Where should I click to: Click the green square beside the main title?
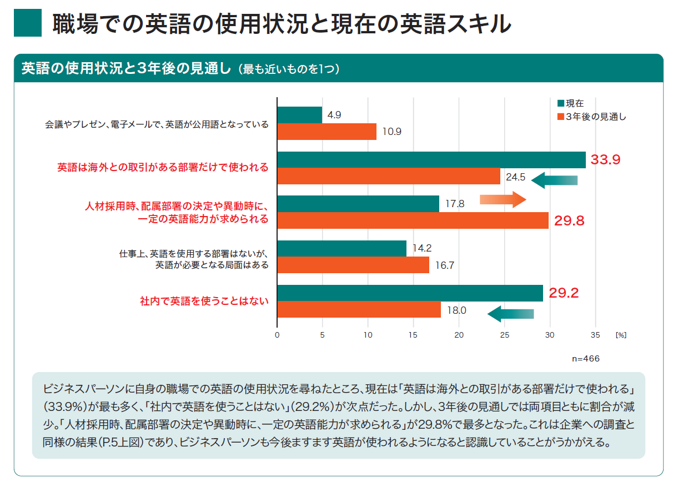27,23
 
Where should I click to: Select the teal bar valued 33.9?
431,160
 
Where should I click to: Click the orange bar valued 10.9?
327,132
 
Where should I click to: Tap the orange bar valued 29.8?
413,220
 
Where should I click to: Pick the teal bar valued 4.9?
299,115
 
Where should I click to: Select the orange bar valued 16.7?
353,265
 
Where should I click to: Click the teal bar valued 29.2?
410,293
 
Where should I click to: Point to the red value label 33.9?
605,160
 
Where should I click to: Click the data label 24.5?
515,177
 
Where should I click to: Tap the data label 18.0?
456,310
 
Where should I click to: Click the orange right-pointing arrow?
503,199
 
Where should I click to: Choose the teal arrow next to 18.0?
510,314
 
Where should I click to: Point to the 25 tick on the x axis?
504,335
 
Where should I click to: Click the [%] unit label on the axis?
621,335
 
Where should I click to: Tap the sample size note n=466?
585,358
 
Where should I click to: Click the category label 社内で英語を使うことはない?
204,302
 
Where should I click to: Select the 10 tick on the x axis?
368,335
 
